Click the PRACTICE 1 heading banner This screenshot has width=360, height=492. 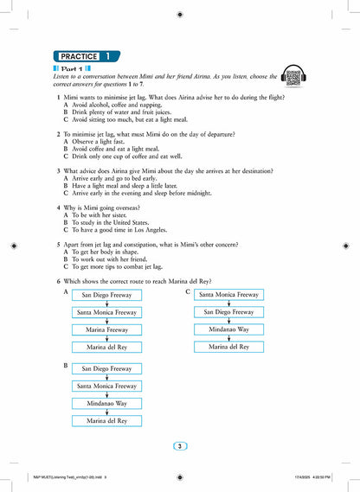86,56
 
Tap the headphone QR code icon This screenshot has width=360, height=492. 292,76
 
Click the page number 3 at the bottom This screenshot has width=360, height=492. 179,446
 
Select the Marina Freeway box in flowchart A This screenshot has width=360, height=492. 106,329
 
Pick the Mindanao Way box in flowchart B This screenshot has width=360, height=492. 106,403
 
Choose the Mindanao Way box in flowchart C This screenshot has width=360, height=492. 228,329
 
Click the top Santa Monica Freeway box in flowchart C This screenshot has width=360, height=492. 228,295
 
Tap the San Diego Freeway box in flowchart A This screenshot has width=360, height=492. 106,295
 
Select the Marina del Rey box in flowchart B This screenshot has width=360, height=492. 106,421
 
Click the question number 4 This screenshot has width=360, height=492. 58,208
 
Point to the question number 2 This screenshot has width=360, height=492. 58,135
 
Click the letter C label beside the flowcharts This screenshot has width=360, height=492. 188,292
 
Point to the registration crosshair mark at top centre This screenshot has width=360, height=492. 179,15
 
